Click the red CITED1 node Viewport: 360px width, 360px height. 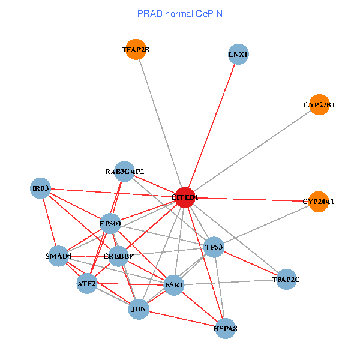pyautogui.click(x=184, y=197)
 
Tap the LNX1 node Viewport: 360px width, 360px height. pyautogui.click(x=238, y=55)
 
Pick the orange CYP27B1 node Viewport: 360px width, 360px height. pyautogui.click(x=319, y=105)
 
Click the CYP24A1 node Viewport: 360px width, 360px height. pyautogui.click(x=318, y=202)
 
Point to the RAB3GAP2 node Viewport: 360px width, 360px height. pyautogui.click(x=124, y=172)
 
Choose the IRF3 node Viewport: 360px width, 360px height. pyautogui.click(x=41, y=188)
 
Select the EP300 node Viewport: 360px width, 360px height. pyautogui.click(x=110, y=224)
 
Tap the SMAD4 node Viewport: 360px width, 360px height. pyautogui.click(x=58, y=256)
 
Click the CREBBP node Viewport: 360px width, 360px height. pyautogui.click(x=118, y=256)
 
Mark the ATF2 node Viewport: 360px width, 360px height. pyautogui.click(x=86, y=283)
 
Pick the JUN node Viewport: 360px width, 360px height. pyautogui.click(x=139, y=309)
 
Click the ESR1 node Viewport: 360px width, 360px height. pyautogui.click(x=174, y=285)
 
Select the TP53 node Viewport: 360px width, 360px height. pyautogui.click(x=214, y=247)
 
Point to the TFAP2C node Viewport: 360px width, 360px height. pyautogui.click(x=286, y=279)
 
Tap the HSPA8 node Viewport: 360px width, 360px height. pyautogui.click(x=225, y=328)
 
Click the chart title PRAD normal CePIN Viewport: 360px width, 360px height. pyautogui.click(x=180, y=13)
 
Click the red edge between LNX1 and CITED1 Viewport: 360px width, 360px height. pyautogui.click(x=211, y=126)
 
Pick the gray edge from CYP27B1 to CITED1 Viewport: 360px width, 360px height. pyautogui.click(x=252, y=151)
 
